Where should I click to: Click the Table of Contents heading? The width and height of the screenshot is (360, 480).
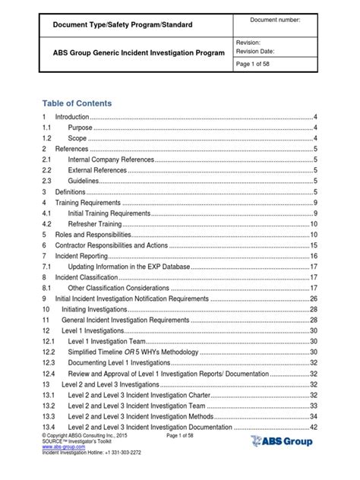pyautogui.click(x=77, y=103)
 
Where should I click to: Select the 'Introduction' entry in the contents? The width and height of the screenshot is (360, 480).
pyautogui.click(x=71, y=118)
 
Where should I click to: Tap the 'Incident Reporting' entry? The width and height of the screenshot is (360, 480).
pyautogui.click(x=82, y=257)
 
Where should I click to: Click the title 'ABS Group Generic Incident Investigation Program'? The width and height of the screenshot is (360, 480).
pyautogui.click(x=138, y=52)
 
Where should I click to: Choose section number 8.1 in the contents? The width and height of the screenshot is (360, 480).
pyautogui.click(x=46, y=289)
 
